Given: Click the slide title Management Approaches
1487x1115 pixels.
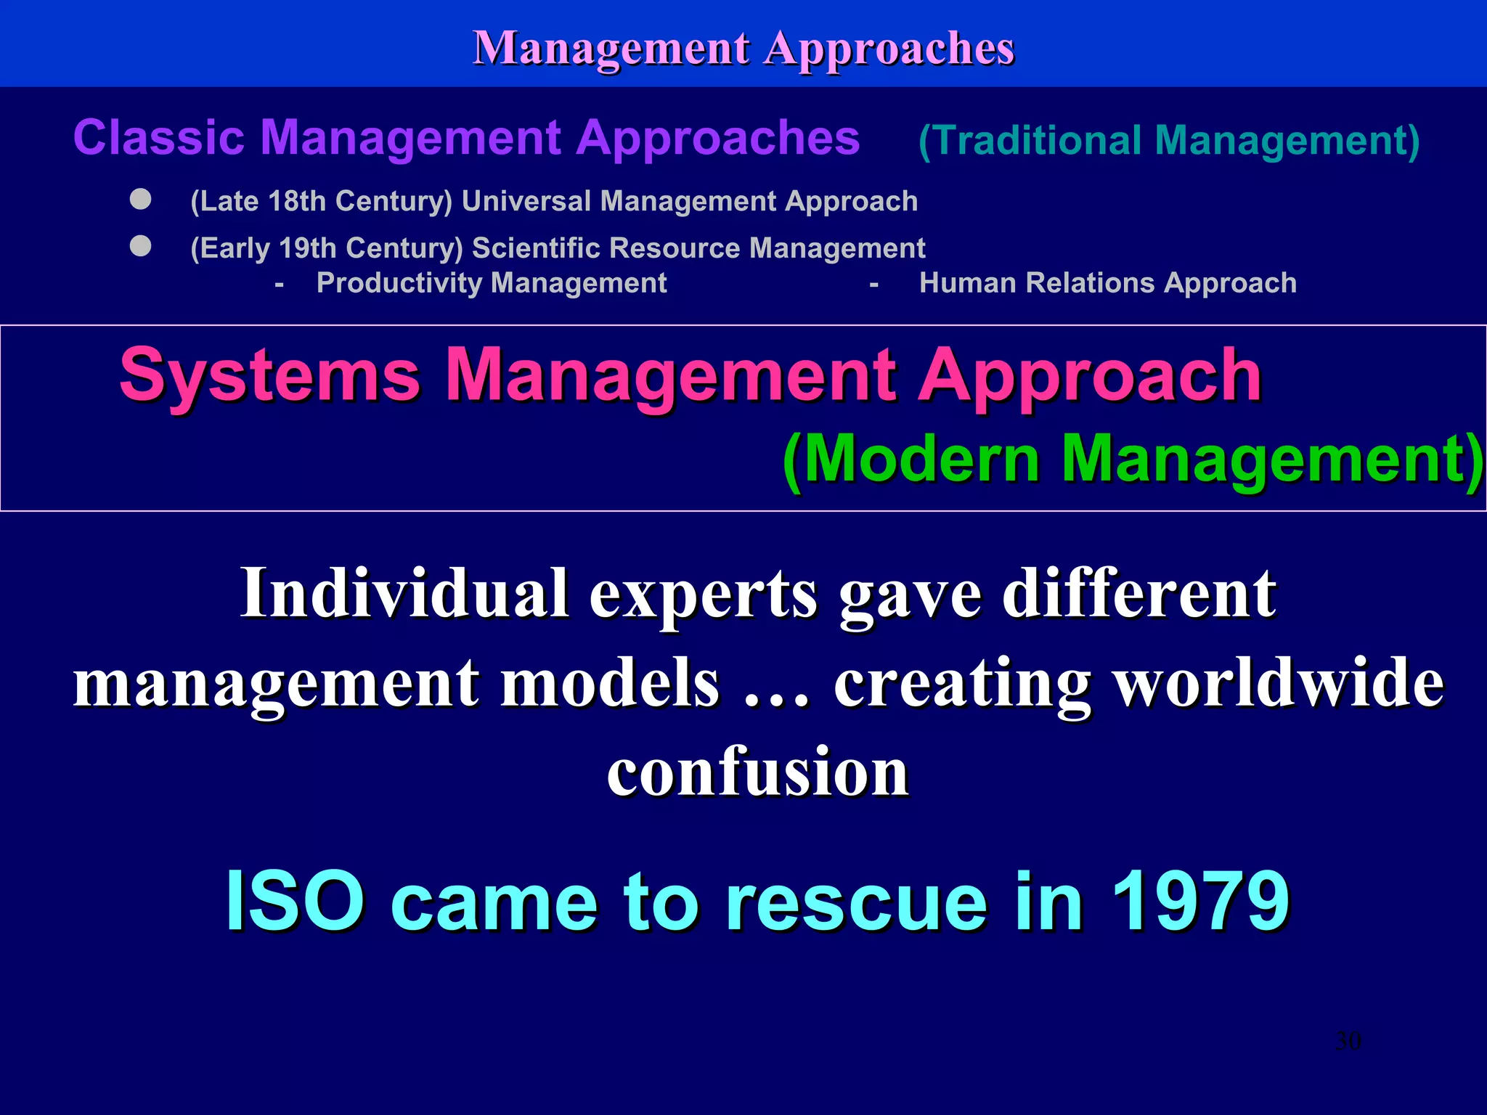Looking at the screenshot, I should pos(743,48).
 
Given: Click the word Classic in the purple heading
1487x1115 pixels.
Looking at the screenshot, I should pos(158,138).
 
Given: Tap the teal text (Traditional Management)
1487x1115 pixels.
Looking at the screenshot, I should pos(1169,140).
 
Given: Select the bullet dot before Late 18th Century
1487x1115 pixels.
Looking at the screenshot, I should pos(141,199).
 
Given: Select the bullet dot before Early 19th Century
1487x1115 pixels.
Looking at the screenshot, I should pos(141,246).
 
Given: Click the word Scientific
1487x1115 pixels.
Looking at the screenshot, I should pos(536,248).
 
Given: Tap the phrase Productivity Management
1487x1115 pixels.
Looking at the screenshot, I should pos(492,283).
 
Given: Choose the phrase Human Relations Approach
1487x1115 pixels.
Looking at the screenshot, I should pos(1107,283).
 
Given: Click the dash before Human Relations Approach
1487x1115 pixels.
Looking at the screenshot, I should pos(874,285).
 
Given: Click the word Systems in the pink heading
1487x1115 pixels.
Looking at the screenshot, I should pos(270,375).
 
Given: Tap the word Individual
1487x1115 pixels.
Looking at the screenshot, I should pos(404,593).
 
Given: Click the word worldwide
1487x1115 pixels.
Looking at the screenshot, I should pos(1279,682).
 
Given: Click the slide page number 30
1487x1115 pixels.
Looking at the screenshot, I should pos(1348,1041).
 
